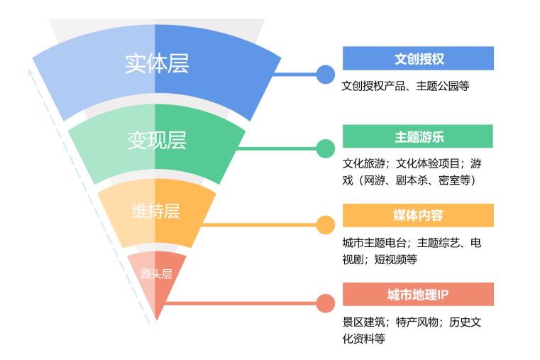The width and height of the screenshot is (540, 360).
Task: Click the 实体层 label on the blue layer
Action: [x=157, y=64]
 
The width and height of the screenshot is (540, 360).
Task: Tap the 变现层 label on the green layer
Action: [x=157, y=140]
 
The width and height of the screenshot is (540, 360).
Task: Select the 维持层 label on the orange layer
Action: [x=155, y=211]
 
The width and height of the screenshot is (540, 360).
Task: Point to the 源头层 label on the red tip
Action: [x=156, y=274]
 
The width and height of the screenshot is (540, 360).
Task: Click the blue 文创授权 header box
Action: [x=418, y=58]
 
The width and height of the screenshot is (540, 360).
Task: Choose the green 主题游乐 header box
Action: [x=418, y=136]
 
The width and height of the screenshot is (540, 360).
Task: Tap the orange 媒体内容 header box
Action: [x=418, y=215]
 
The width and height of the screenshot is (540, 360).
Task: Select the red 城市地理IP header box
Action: [x=418, y=294]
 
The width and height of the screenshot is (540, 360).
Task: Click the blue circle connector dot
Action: [x=325, y=75]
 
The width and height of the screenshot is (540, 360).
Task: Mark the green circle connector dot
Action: [x=325, y=149]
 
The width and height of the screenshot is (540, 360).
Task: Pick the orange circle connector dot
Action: [x=325, y=225]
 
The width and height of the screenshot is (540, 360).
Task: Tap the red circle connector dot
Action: [x=325, y=303]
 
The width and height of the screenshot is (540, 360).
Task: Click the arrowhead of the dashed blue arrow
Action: [x=31, y=72]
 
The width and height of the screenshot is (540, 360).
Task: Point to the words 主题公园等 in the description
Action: [x=443, y=86]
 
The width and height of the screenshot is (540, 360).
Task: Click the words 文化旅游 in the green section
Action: [x=364, y=163]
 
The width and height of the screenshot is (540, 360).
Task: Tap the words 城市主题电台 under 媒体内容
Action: [x=375, y=243]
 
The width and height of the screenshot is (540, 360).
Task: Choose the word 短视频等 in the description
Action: [x=395, y=259]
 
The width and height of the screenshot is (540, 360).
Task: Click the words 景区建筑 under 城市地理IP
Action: [x=364, y=322]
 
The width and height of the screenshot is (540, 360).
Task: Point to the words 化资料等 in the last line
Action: [x=364, y=338]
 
